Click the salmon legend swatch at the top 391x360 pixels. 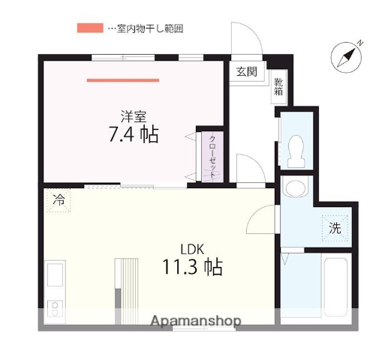89,28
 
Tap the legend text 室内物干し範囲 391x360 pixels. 149,28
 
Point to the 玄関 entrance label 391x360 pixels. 246,72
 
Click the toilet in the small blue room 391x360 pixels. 296,150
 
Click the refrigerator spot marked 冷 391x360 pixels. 58,199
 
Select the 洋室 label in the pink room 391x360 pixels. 134,115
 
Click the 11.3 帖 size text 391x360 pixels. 191,267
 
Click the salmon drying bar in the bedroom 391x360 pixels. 122,79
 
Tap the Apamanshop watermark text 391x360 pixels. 195,321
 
